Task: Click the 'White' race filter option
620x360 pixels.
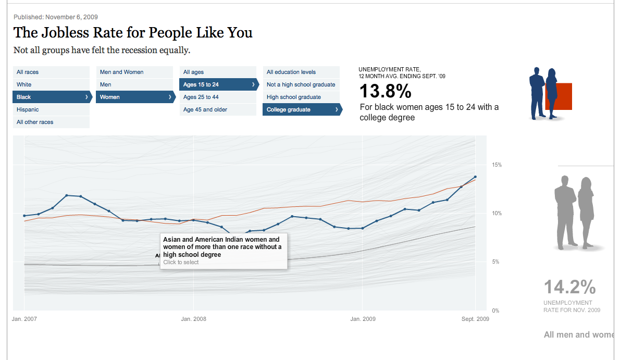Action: coord(24,84)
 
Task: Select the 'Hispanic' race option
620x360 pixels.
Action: coord(28,109)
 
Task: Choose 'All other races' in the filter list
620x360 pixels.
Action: coord(35,122)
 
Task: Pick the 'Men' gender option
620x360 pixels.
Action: coord(106,84)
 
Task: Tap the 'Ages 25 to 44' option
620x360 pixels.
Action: coord(201,97)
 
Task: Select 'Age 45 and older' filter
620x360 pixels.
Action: coord(205,109)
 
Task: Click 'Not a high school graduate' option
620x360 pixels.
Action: coord(301,84)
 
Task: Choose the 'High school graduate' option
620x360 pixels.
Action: coord(294,97)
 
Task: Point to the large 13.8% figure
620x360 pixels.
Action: coord(386,92)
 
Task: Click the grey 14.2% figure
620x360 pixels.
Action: coord(569,287)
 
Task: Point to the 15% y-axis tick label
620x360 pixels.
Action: coord(497,165)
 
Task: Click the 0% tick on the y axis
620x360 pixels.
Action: coord(495,311)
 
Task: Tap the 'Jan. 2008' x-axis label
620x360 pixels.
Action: coord(193,319)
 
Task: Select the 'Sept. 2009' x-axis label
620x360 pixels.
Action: coord(475,319)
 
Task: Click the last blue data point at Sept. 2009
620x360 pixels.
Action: coord(475,177)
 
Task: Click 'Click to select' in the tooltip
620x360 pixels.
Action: coord(181,262)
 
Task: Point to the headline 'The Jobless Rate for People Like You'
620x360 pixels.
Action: coord(133,33)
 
